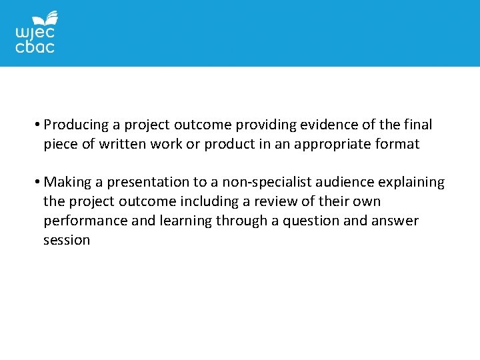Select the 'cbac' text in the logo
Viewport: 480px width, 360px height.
coord(35,47)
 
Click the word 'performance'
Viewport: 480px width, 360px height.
coord(85,221)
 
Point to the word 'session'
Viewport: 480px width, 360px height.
coord(67,240)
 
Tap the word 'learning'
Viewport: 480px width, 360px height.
coord(185,221)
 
